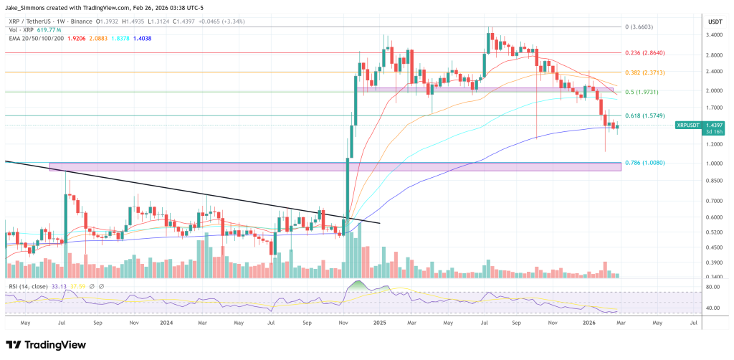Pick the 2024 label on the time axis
coord(166,323)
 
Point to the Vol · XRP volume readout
coord(36,30)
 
